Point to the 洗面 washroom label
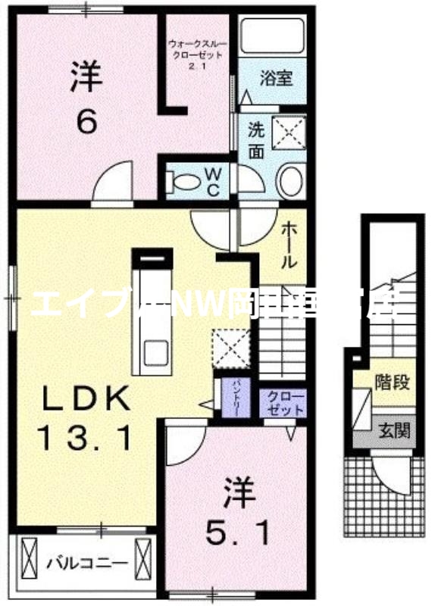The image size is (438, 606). tap(257, 139)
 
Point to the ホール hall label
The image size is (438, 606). tap(290, 245)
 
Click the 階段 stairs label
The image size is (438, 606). tap(393, 382)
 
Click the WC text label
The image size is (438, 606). tap(213, 182)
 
